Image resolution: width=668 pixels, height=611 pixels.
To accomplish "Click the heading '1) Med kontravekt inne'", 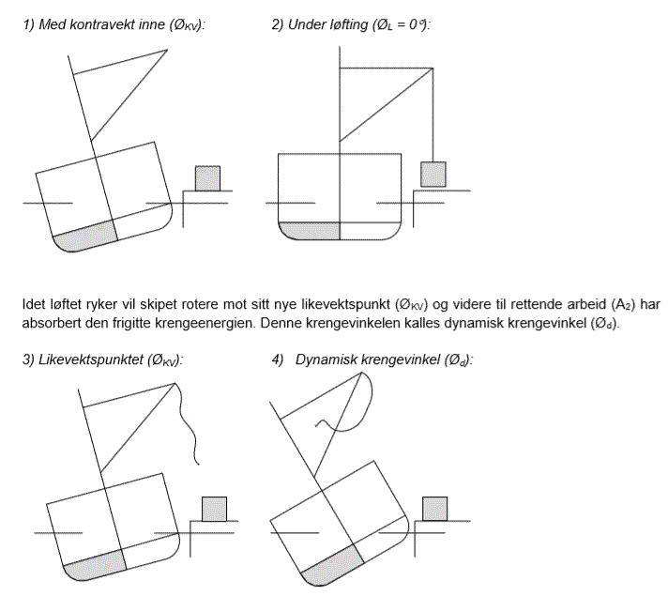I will point(114,25).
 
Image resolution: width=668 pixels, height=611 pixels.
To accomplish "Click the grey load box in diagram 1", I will point(207,177).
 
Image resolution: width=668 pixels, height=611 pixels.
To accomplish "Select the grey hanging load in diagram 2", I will point(433,174).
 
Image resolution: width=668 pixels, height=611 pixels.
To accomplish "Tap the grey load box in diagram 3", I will point(215,508).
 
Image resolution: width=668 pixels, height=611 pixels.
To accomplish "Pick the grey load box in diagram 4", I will point(434,508).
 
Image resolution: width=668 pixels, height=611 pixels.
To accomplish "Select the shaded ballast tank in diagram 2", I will point(310,230).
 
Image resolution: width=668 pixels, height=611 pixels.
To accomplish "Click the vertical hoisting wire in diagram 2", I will point(433,113).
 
